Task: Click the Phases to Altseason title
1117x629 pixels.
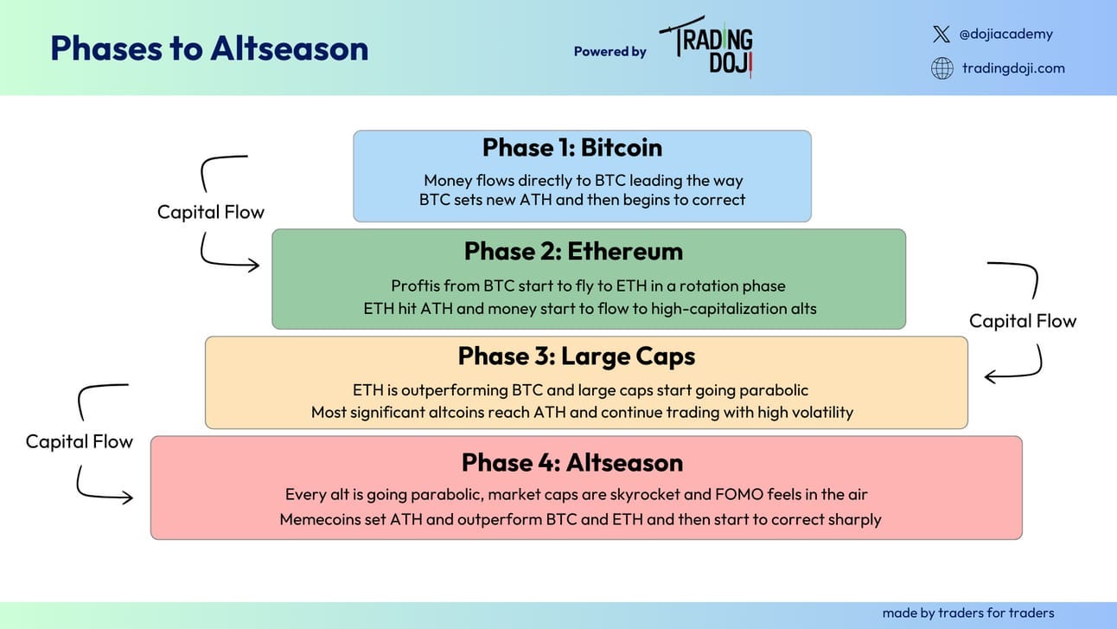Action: (209, 48)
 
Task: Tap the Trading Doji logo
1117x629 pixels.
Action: (706, 47)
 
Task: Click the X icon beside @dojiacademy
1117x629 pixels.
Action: (941, 34)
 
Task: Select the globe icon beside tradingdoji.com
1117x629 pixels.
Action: (942, 67)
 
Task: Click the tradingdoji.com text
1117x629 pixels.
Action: (1013, 67)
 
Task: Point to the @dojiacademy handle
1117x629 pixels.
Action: (1005, 34)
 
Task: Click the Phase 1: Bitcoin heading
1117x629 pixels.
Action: (572, 147)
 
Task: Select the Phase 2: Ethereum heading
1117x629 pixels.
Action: (573, 251)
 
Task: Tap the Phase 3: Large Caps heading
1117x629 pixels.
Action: (577, 356)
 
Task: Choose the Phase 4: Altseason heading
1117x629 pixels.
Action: (572, 462)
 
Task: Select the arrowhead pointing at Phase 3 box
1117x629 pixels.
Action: (990, 376)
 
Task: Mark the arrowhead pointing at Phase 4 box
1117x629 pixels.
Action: (127, 497)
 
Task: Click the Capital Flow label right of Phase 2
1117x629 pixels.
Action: (1023, 321)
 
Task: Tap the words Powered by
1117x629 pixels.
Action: (610, 51)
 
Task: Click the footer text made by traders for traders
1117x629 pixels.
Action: (968, 613)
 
